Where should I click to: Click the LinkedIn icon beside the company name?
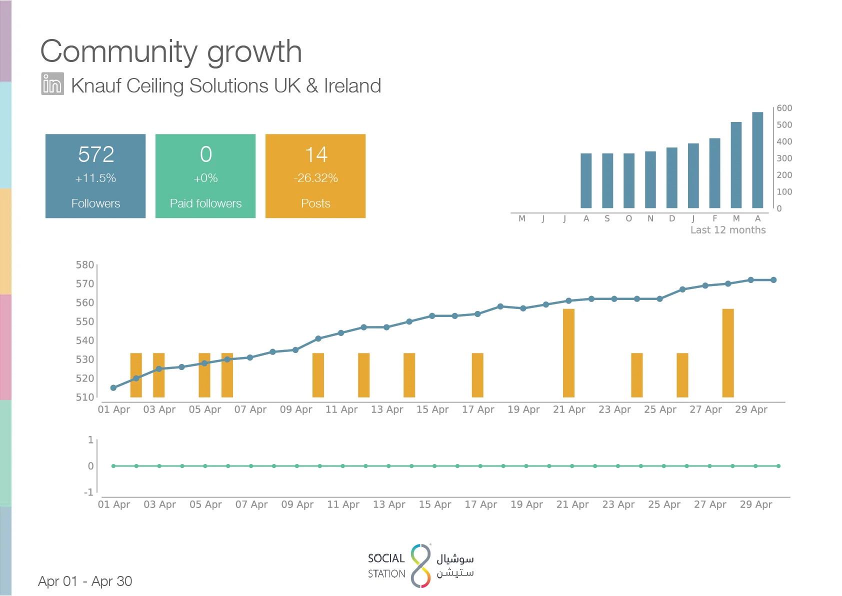(52, 83)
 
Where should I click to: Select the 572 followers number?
(96, 154)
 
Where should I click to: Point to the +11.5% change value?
(95, 177)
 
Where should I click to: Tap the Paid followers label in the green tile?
(205, 203)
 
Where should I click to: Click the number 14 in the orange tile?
(316, 154)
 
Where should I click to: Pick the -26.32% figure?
(316, 177)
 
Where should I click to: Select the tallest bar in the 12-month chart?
(757, 160)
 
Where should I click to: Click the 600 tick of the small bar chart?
(784, 108)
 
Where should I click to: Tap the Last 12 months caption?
(727, 230)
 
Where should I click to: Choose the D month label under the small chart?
(671, 218)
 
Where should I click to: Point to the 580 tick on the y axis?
(84, 265)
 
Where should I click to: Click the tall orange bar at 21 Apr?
(568, 353)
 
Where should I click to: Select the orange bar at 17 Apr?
(477, 375)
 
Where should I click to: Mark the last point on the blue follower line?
(773, 280)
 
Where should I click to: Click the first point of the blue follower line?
(113, 388)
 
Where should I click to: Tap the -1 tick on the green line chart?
(88, 492)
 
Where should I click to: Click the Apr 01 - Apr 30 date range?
(85, 581)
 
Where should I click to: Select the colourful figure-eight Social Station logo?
(420, 565)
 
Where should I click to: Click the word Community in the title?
(119, 52)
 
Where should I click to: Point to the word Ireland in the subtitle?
(352, 85)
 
